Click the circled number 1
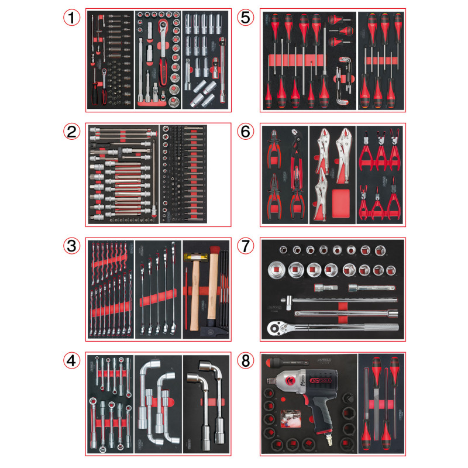pos(72,18)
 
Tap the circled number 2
pos(72,132)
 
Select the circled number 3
pos(72,247)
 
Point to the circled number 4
pos(72,361)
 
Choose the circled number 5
pos(246,18)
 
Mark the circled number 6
pos(246,132)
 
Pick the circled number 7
pos(246,247)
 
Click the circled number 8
pos(246,361)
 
